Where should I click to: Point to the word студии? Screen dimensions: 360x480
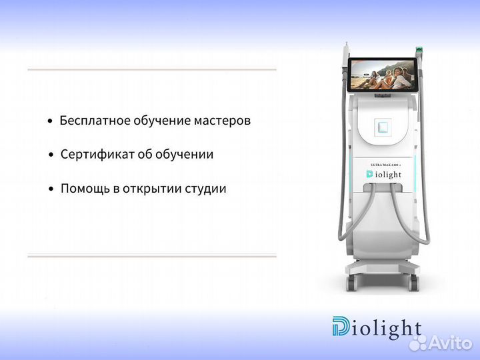(x=206, y=189)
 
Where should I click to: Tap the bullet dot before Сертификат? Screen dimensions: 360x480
(x=51, y=155)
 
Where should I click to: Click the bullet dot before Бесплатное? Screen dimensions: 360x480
(x=50, y=121)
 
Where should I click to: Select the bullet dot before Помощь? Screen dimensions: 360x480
(x=51, y=189)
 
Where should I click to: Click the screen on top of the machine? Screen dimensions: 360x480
(x=383, y=73)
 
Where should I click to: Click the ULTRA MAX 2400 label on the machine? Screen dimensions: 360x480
(x=383, y=164)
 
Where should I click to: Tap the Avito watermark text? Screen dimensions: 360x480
(x=450, y=343)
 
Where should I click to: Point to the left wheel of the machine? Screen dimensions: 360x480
(x=351, y=283)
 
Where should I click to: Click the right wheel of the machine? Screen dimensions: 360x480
(x=415, y=283)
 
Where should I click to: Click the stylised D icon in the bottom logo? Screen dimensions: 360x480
(x=341, y=328)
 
